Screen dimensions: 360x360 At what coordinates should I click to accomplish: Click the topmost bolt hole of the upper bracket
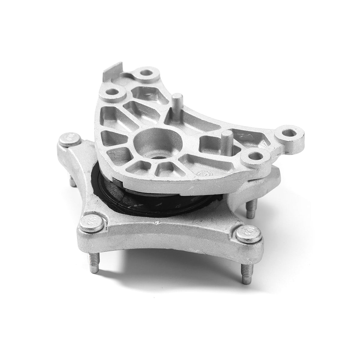(147, 73)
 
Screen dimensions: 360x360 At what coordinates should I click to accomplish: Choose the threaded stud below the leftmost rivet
(71, 179)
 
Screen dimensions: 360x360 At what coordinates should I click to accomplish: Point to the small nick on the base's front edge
(156, 223)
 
